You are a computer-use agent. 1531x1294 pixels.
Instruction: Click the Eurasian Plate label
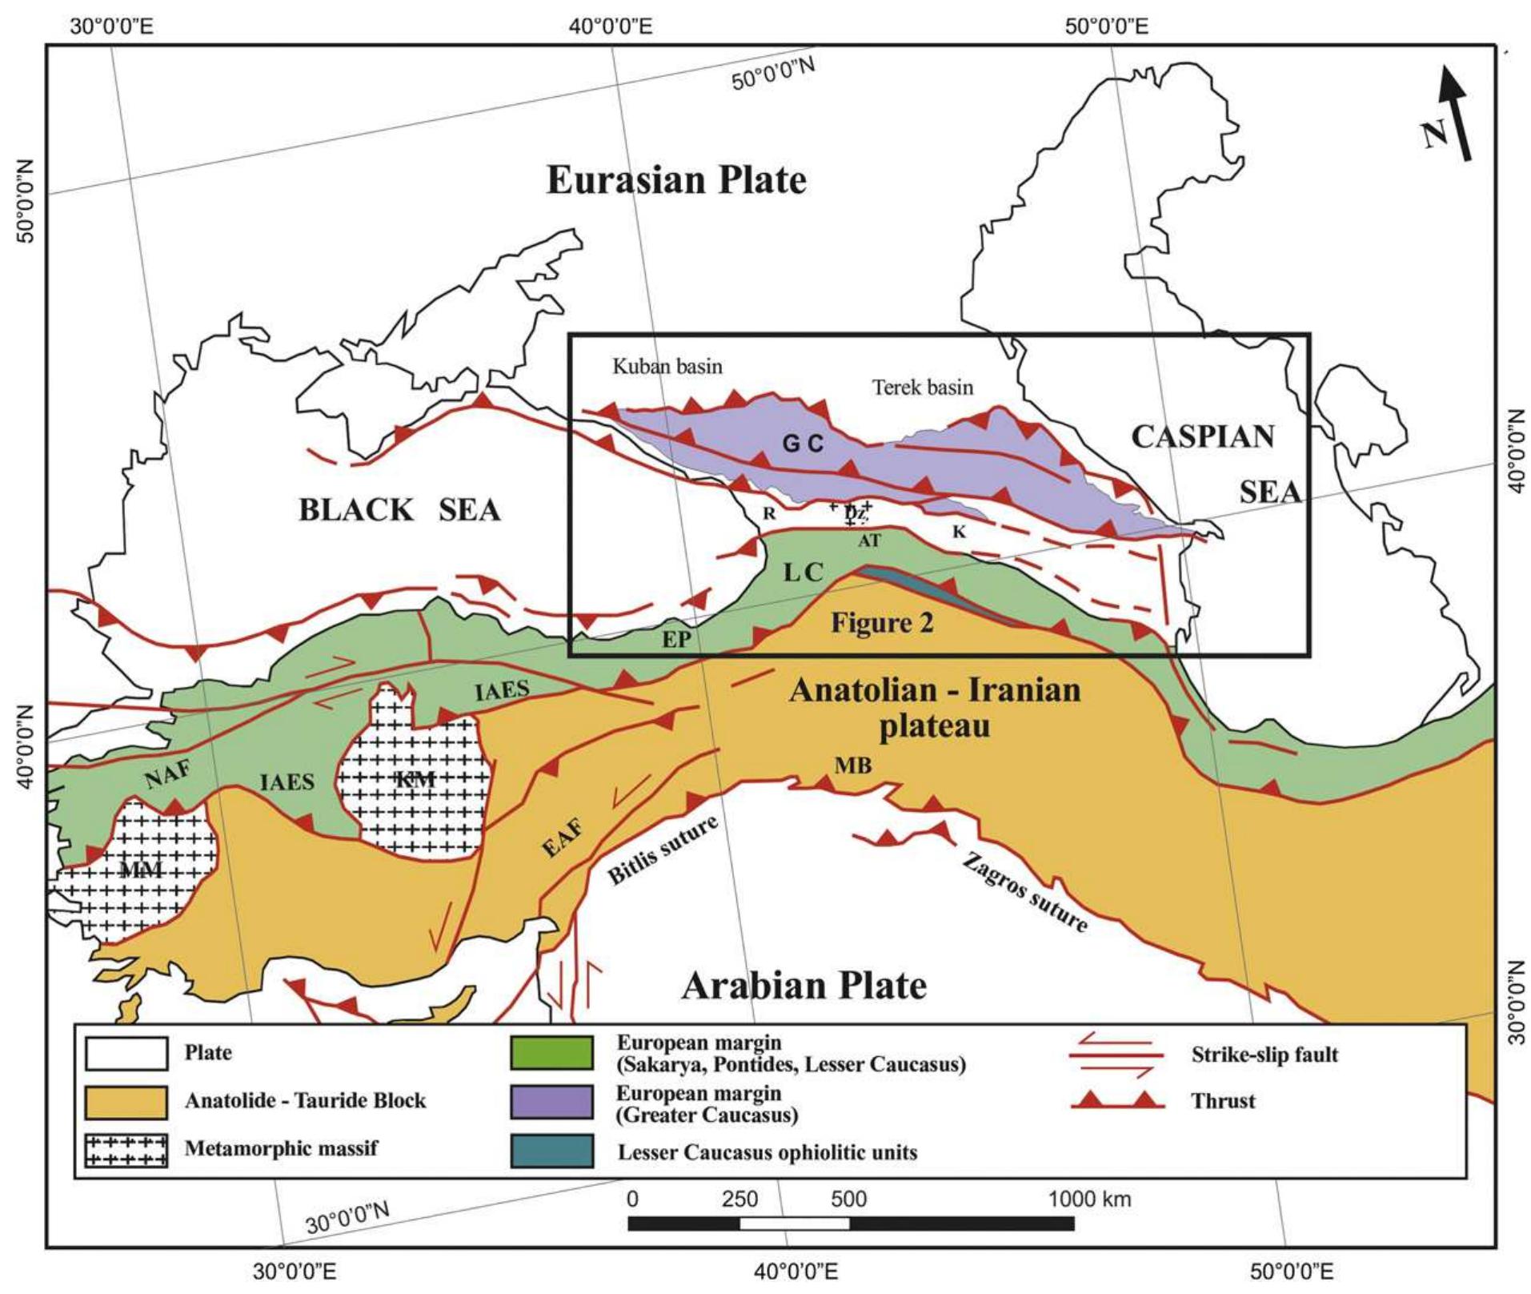[x=676, y=180]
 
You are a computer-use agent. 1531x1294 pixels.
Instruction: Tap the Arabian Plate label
[x=804, y=986]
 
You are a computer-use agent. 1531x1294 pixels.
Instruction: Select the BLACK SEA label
[x=399, y=510]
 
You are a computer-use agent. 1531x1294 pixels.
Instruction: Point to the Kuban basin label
[x=667, y=367]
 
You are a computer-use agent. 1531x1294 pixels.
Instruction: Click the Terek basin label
[x=923, y=388]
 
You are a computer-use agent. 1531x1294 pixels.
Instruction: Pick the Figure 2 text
[x=881, y=622]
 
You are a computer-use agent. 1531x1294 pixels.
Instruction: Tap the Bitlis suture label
[x=663, y=850]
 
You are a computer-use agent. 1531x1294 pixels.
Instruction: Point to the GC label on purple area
[x=803, y=444]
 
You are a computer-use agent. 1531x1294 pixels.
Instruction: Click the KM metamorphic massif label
[x=416, y=779]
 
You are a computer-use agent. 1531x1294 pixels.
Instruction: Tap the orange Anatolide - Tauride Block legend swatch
[x=126, y=1102]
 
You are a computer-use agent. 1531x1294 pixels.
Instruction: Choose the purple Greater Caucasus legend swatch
[x=552, y=1102]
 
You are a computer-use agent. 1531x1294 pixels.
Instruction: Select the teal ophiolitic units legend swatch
[x=552, y=1151]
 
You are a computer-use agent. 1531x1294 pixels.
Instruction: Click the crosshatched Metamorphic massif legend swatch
[x=126, y=1151]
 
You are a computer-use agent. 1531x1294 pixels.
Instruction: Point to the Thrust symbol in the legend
[x=1117, y=1101]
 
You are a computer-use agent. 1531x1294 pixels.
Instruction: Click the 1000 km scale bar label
[x=1089, y=1199]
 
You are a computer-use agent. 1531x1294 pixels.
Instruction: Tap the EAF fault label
[x=563, y=838]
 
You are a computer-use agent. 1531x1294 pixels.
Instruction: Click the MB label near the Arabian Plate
[x=852, y=766]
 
